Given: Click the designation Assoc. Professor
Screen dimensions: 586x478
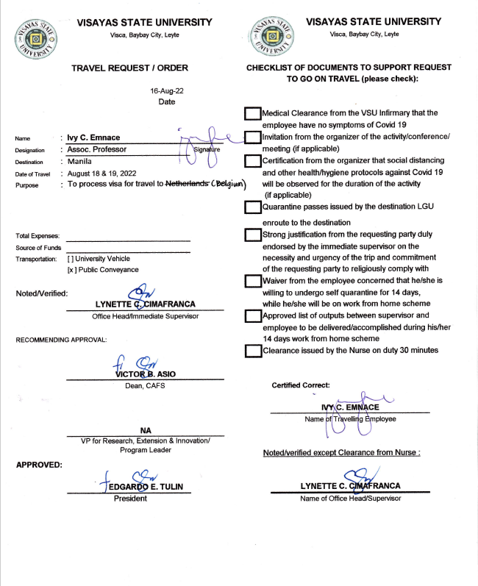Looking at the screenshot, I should point(97,149).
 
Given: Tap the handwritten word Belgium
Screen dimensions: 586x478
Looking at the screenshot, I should point(229,185).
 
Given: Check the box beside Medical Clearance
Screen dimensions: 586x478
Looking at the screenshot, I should point(252,113).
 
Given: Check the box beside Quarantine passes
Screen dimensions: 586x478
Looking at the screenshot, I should point(252,208).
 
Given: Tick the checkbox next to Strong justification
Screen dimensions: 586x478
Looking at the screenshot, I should point(252,235).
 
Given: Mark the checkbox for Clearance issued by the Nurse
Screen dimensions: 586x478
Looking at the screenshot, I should point(252,351).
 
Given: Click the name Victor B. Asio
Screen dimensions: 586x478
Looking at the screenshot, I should point(145,374).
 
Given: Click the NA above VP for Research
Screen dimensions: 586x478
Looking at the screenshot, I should point(145,430).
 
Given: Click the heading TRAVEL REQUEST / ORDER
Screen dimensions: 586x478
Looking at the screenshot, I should point(129,68).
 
